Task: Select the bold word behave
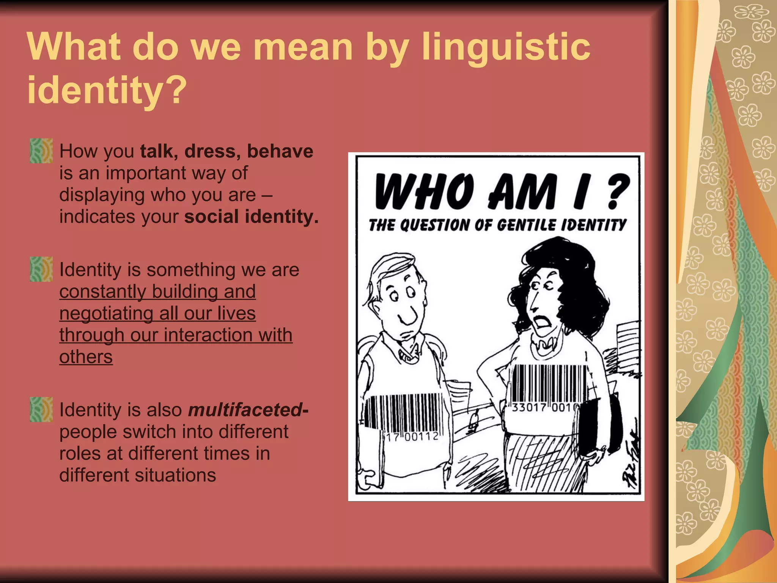(x=280, y=151)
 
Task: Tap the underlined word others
(x=86, y=357)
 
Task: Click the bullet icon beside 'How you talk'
(x=41, y=151)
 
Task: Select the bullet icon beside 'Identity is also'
(x=41, y=410)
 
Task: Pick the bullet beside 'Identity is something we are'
(x=41, y=269)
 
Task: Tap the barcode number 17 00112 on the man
(x=412, y=437)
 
